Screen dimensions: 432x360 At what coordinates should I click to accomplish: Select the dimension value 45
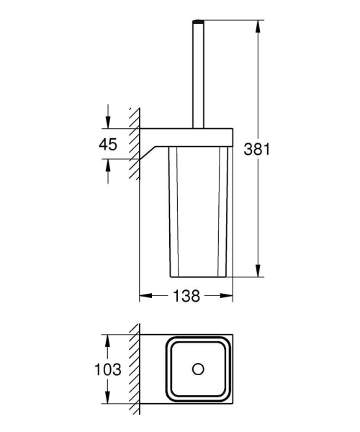pos(108,144)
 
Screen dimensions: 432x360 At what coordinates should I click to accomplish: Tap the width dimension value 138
pos(186,295)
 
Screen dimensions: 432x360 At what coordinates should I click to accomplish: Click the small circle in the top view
pos(197,370)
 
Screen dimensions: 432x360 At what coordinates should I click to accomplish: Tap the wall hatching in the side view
pos(132,144)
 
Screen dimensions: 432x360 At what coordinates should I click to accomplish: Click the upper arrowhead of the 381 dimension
pos(258,25)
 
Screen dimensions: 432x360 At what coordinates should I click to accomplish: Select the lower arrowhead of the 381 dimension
pos(258,274)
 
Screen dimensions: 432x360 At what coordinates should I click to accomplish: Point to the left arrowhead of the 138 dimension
pos(143,295)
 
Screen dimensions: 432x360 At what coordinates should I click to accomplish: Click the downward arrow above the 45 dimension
pos(108,122)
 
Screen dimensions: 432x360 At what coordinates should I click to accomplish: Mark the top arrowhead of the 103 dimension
pos(108,338)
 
